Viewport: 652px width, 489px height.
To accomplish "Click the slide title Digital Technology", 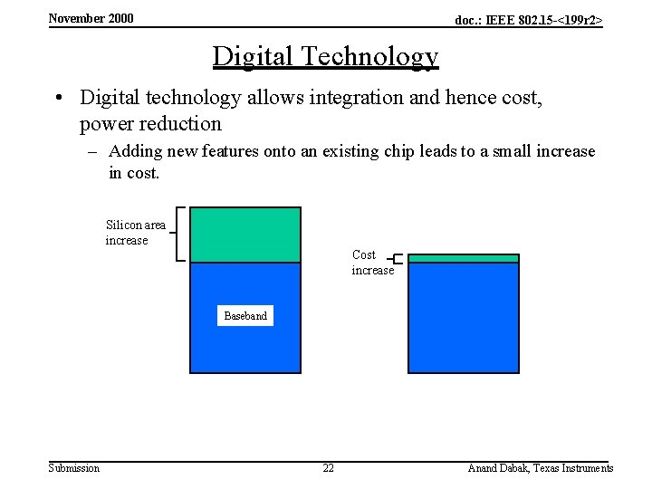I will coord(325,56).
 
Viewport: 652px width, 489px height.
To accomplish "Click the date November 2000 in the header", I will coord(91,18).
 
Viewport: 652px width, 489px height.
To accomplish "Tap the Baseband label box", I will coord(245,316).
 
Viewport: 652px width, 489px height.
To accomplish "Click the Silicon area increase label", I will coord(135,233).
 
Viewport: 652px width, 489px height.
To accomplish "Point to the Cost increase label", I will coord(371,263).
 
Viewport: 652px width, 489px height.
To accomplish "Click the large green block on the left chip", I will coord(244,235).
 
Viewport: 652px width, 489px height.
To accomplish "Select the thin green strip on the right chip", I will coord(464,259).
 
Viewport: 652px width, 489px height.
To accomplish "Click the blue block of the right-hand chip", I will coord(464,317).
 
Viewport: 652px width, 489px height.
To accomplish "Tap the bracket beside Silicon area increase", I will coord(179,234).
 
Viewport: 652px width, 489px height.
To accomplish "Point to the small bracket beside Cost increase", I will coord(397,259).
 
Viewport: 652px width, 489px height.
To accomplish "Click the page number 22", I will coord(328,468).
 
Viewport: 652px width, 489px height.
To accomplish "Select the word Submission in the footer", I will coord(73,468).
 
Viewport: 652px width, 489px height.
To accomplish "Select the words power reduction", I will coord(150,123).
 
